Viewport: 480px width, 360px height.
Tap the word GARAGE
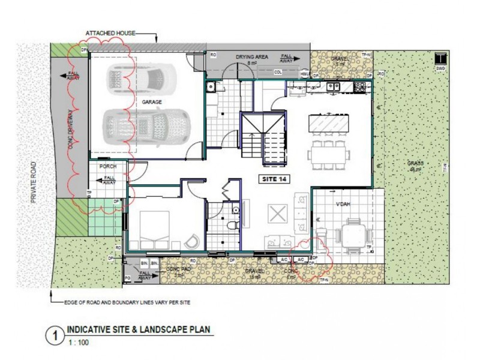tap(152, 103)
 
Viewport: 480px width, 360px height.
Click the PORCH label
tap(107, 166)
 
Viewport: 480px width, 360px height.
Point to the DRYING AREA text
tap(248, 56)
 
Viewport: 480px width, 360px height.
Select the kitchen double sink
tap(331, 88)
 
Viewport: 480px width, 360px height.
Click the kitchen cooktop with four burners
tap(360, 88)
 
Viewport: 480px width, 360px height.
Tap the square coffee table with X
tap(277, 214)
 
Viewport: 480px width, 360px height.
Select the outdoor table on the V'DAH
tap(349, 230)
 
